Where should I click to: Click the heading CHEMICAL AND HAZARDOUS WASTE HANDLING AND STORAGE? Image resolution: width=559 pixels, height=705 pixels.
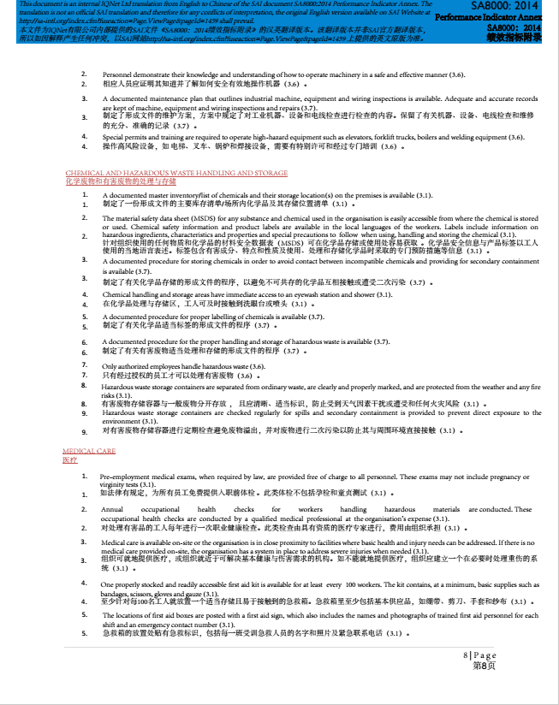tap(176, 173)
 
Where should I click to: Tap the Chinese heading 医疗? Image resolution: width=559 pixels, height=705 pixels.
tap(69, 459)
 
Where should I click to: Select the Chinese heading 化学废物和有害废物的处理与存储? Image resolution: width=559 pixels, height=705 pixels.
tap(121, 181)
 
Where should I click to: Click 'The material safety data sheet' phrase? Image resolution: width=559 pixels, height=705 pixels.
tap(147, 219)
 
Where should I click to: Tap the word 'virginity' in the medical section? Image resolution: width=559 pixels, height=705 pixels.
tap(116, 484)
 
